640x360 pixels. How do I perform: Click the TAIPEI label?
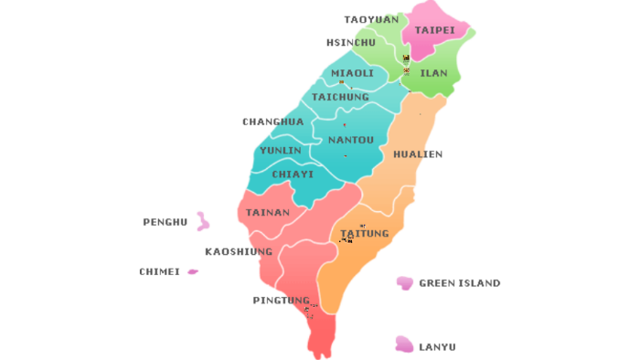(434, 30)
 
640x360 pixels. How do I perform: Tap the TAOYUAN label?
(371, 19)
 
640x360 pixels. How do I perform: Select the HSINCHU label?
(351, 43)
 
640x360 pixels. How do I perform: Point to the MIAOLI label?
(352, 73)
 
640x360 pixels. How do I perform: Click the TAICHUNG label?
(340, 97)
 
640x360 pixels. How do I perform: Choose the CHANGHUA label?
(272, 122)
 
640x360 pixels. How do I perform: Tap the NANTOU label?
(351, 140)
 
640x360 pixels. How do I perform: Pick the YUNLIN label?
(281, 151)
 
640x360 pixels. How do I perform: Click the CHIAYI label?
(293, 175)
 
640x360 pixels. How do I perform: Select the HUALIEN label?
(418, 154)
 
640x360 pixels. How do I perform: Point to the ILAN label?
(433, 73)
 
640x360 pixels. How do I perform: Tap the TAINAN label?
(268, 213)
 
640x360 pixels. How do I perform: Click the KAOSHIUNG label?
(239, 251)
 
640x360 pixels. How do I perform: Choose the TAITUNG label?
(365, 234)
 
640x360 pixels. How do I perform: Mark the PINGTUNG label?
(282, 301)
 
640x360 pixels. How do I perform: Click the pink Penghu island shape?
(203, 221)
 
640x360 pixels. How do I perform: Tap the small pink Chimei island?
(193, 271)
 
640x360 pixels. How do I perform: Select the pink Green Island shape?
(404, 283)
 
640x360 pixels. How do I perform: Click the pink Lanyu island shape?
(403, 344)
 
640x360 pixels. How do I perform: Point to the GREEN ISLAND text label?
(459, 283)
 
